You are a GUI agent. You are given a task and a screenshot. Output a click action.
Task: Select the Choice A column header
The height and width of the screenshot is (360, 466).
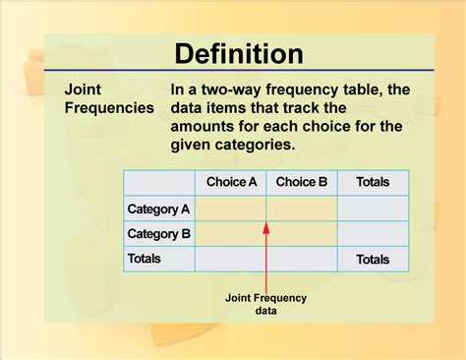(231, 182)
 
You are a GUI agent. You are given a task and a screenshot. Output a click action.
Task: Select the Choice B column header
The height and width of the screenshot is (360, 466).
(302, 182)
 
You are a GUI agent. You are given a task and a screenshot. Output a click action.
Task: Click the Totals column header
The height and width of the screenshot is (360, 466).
(373, 182)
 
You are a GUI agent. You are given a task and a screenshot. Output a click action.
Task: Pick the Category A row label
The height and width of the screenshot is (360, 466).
(159, 209)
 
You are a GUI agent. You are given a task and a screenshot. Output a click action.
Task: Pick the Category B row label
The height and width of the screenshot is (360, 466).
(159, 234)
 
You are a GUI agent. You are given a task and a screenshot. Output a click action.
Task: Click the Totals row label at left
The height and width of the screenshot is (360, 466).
(145, 259)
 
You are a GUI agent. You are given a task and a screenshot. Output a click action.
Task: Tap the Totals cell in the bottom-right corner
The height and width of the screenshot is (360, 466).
(373, 260)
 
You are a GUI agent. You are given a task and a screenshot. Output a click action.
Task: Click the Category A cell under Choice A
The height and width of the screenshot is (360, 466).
(231, 209)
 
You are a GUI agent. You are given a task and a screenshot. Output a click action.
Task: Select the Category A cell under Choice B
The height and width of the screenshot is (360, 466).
(302, 209)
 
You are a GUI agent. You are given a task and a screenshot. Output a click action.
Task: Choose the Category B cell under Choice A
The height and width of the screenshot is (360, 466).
(231, 234)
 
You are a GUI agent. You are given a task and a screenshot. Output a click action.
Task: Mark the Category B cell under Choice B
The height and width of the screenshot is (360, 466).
(302, 234)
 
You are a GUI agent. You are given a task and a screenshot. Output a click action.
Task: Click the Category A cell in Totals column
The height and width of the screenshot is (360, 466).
(373, 209)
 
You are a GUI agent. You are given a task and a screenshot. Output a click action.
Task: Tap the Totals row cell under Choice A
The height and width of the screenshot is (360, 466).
(231, 260)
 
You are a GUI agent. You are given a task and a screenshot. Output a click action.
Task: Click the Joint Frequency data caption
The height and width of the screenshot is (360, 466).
(265, 304)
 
